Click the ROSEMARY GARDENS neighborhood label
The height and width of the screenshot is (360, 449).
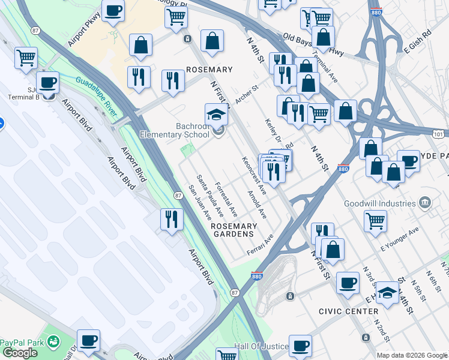pos(234,229)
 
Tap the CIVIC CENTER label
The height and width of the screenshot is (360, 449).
pos(349,311)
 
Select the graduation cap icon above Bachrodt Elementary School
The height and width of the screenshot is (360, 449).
pos(216,115)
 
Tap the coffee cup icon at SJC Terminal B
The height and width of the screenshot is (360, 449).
pos(47,83)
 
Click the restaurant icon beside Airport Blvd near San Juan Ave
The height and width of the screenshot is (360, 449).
pos(171,219)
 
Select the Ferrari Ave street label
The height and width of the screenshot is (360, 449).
pos(260,245)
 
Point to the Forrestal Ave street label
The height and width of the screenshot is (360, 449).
pos(226,199)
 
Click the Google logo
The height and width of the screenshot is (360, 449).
pos(19,353)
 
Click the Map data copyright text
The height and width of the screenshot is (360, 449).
pos(412,355)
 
